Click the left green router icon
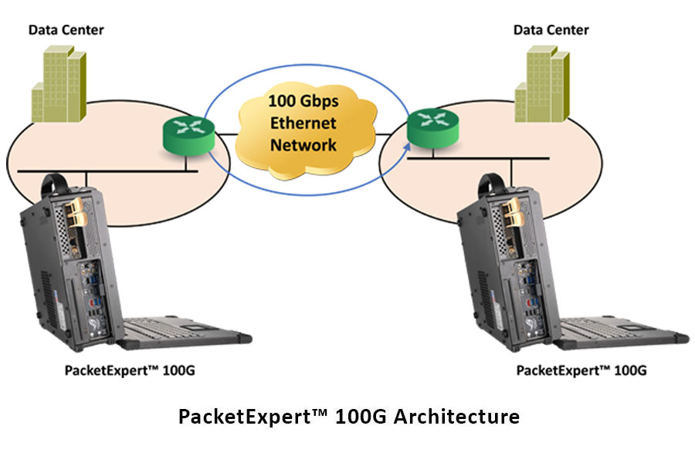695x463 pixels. pyautogui.click(x=186, y=135)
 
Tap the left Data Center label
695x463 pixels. pyautogui.click(x=66, y=30)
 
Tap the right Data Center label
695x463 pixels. pyautogui.click(x=551, y=30)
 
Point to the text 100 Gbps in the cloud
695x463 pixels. pyautogui.click(x=303, y=101)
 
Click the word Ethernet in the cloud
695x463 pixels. pyautogui.click(x=303, y=123)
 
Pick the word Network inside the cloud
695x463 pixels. pyautogui.click(x=303, y=145)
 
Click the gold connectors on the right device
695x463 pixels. pyautogui.click(x=510, y=212)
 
